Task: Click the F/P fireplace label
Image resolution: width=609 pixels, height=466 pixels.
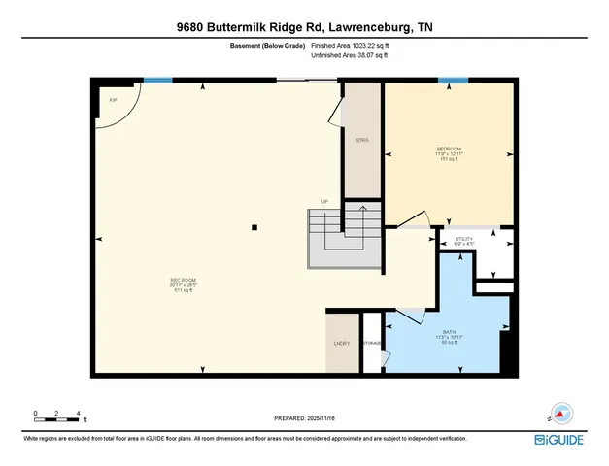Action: (114, 99)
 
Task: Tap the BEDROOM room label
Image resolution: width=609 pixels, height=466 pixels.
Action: (447, 150)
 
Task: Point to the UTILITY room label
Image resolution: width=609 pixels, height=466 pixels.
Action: (463, 238)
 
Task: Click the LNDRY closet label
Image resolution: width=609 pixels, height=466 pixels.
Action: (341, 343)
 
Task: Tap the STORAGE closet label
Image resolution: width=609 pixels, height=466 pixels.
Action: (372, 343)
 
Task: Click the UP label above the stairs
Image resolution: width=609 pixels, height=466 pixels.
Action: (325, 202)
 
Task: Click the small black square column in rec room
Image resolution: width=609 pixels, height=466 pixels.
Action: (254, 228)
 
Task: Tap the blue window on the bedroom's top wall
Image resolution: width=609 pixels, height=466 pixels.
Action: (447, 81)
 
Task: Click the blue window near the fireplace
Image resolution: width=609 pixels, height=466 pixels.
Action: (152, 81)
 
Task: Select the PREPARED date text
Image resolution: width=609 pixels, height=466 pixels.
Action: (304, 418)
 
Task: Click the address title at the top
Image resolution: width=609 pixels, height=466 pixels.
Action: (304, 28)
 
